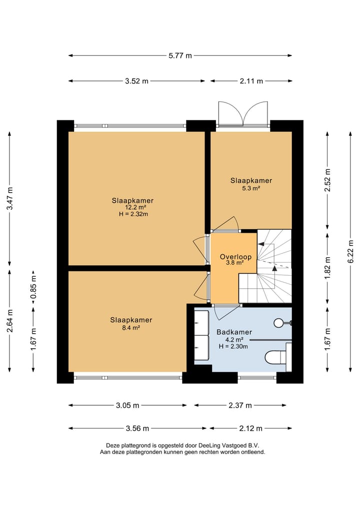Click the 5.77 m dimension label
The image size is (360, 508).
click(180, 56)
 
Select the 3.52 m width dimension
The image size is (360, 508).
click(136, 81)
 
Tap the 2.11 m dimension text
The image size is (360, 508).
click(251, 81)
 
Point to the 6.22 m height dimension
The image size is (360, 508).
click(350, 252)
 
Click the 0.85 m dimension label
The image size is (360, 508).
click(33, 287)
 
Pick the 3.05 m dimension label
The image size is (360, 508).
click(127, 405)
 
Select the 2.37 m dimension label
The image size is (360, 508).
click(240, 405)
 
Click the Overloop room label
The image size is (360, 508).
click(235, 257)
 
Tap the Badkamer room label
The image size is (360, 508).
click(234, 332)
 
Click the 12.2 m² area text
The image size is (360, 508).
click(135, 207)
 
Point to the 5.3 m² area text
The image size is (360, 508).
click(251, 188)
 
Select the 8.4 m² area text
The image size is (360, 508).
click(130, 328)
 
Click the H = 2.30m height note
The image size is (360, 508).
click(233, 346)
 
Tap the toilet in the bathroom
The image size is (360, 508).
click(278, 357)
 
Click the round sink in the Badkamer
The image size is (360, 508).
click(279, 323)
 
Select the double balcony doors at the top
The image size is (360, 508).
click(243, 113)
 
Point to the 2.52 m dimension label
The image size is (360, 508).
click(327, 180)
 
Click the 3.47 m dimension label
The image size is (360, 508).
click(10, 198)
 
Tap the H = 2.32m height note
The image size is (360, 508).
click(133, 214)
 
